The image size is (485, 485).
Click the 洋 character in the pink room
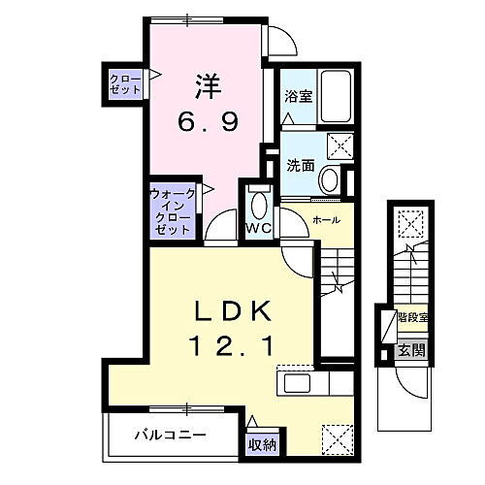(208, 86)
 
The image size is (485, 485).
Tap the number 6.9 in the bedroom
(207, 122)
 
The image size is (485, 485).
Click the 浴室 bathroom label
(298, 97)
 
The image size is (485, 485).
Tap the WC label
(256, 229)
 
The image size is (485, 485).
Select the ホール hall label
(325, 220)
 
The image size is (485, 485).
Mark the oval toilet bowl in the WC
(257, 205)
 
